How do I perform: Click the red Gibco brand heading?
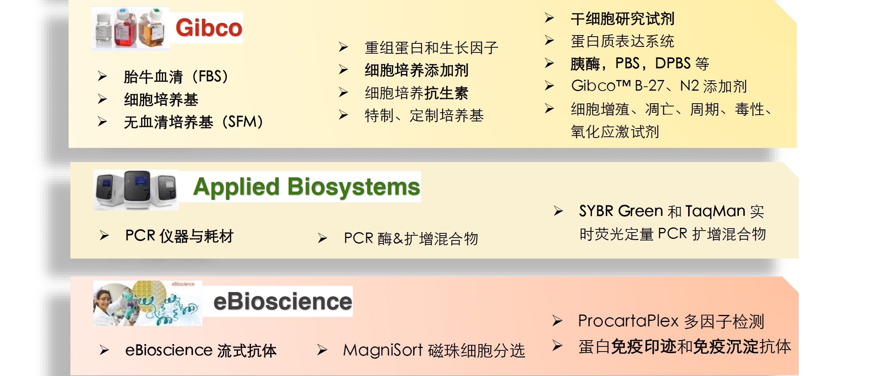(x=209, y=28)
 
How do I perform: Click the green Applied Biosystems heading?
(x=307, y=187)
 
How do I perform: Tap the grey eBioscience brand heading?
(x=283, y=302)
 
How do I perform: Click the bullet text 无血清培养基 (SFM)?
(x=193, y=122)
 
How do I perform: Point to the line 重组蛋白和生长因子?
(x=431, y=48)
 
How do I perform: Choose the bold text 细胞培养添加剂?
(x=417, y=70)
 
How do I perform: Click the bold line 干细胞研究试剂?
(x=623, y=19)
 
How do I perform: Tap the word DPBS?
(x=673, y=63)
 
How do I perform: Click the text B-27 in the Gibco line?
(x=649, y=86)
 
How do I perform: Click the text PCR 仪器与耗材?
(x=180, y=236)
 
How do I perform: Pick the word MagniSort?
(x=383, y=350)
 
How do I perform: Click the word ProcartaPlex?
(x=629, y=321)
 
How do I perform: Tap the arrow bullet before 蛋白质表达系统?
(x=549, y=40)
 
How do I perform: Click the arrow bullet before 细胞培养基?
(x=102, y=99)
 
